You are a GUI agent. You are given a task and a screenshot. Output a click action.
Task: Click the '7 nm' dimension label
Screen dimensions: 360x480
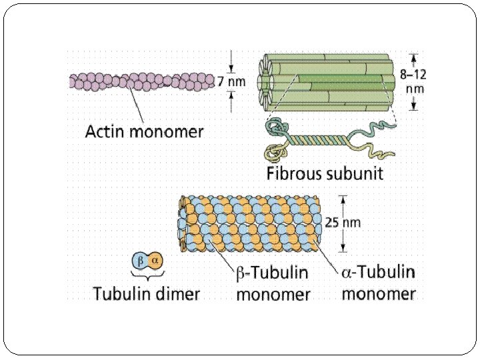pos(232,82)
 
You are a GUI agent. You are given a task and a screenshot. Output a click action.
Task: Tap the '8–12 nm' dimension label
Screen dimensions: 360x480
pos(414,82)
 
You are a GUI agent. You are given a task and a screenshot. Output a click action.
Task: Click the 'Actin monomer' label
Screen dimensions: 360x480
pos(144,131)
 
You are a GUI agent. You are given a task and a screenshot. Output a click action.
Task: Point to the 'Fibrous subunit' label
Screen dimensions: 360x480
pos(325,174)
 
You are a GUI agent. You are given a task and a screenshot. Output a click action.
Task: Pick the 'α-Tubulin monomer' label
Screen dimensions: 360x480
pos(378,283)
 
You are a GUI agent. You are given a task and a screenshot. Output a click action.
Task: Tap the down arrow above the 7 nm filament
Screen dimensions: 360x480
pos(231,67)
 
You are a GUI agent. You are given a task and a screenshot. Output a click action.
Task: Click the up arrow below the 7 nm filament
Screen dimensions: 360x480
pos(231,97)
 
